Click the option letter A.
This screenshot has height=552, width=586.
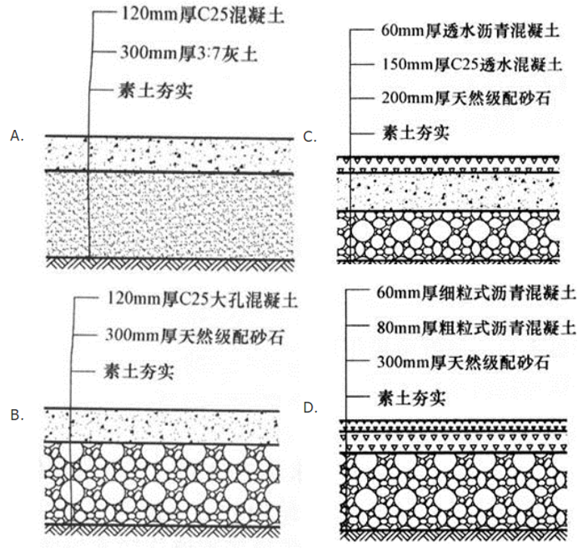(x=17, y=135)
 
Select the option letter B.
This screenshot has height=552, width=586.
(x=17, y=415)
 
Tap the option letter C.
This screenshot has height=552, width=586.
(x=309, y=137)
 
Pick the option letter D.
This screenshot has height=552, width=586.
(x=309, y=409)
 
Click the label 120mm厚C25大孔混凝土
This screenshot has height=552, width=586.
(x=192, y=300)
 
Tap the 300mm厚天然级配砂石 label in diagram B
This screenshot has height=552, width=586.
(x=192, y=335)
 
